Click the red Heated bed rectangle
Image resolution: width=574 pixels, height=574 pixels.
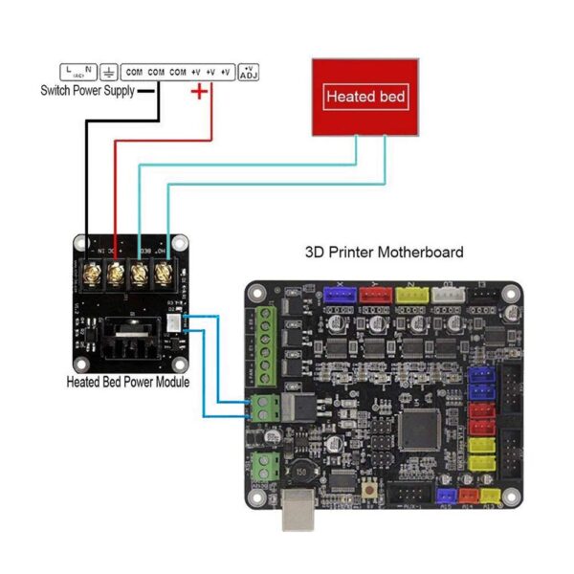pyautogui.click(x=365, y=97)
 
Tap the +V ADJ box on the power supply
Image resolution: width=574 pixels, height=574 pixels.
pyautogui.click(x=249, y=72)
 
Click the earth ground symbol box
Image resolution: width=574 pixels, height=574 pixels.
pyautogui.click(x=109, y=72)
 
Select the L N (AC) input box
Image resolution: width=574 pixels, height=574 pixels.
pyautogui.click(x=78, y=72)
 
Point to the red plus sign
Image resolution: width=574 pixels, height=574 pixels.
pyautogui.click(x=199, y=92)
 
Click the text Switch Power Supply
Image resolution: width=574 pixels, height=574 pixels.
pyautogui.click(x=86, y=91)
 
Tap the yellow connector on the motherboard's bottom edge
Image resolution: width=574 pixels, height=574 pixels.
pyautogui.click(x=492, y=496)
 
